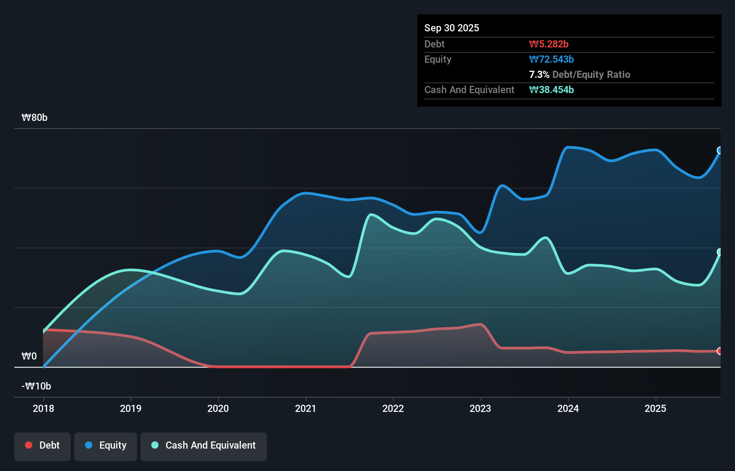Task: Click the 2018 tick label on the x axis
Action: pos(43,408)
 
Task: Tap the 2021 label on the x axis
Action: pos(306,408)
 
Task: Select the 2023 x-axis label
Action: pos(480,408)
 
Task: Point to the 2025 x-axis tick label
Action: pos(655,408)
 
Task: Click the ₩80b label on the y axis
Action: pos(34,118)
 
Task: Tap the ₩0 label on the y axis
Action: pos(29,356)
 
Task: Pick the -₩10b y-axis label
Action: pos(36,386)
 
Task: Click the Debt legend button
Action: pos(43,445)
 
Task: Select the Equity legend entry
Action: pos(106,445)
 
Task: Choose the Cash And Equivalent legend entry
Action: pos(204,445)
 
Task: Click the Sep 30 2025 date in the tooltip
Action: pos(452,28)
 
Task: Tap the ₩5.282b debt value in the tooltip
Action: pos(549,44)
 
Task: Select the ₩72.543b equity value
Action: pos(551,60)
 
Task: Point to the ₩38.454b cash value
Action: pos(551,90)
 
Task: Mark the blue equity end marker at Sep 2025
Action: pos(719,150)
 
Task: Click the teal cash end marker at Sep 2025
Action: pos(719,252)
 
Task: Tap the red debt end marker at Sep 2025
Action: pos(719,351)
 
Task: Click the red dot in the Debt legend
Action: pos(29,445)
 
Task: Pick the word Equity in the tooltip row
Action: pos(438,60)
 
